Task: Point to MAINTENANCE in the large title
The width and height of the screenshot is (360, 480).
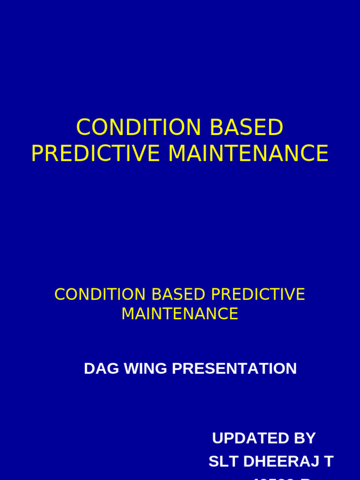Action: coord(248,154)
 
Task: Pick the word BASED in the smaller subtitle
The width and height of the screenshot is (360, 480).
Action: coord(178,294)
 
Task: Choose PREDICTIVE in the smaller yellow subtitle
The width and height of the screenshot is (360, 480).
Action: coord(258,294)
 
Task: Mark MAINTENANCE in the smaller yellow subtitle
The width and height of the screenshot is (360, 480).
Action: coord(180,314)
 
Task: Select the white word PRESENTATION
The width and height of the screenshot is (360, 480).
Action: coord(234,368)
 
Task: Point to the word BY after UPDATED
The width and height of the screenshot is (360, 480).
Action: coord(305,438)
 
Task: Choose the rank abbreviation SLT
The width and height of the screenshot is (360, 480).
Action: coord(220,461)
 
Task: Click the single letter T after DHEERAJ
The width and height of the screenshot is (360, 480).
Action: coord(329,461)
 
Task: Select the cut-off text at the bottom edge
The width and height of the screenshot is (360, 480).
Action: coord(281,478)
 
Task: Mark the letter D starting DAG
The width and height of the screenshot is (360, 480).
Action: coord(89,368)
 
